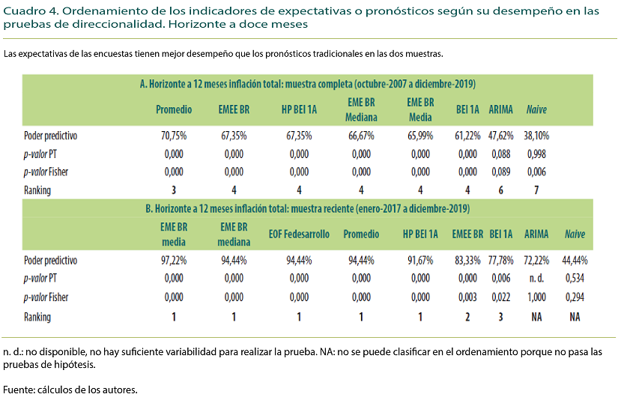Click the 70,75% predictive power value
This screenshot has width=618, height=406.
click(173, 136)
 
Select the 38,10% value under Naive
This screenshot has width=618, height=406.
click(536, 136)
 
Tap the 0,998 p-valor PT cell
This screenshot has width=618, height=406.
click(536, 154)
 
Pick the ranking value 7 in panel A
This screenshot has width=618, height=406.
click(536, 190)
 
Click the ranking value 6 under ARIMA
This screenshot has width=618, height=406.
click(500, 190)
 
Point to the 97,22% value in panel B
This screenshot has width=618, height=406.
click(173, 261)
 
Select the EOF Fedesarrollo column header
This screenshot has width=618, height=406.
click(299, 234)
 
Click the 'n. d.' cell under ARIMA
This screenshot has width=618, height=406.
click(536, 279)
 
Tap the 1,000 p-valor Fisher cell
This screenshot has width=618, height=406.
click(536, 297)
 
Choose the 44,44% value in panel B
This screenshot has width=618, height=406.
click(575, 261)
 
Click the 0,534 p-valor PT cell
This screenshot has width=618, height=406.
click(575, 279)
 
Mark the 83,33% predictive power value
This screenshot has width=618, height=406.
click(466, 261)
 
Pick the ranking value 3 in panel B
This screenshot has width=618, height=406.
click(500, 317)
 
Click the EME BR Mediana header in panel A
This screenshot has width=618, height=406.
click(361, 109)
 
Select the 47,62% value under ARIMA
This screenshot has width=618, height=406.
click(500, 136)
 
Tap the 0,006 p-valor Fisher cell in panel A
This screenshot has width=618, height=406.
click(536, 172)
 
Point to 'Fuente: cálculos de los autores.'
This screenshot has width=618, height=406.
click(71, 390)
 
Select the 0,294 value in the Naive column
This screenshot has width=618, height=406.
click(575, 297)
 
